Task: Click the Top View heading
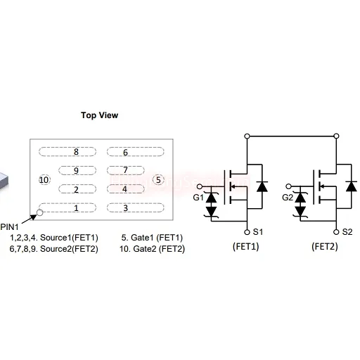[99, 115]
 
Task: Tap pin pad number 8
[67, 152]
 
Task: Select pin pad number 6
[135, 152]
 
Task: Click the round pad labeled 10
[44, 180]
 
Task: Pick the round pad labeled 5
[158, 180]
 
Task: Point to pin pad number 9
[77, 170]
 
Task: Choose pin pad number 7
[125, 170]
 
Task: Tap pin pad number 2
[77, 189]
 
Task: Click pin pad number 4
[125, 189]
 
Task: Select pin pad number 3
[135, 207]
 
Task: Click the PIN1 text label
[9, 227]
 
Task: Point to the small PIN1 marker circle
[40, 213]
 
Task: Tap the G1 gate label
[198, 198]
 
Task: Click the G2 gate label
[288, 198]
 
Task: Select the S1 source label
[258, 232]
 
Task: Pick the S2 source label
[347, 232]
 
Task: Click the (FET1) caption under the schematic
[246, 247]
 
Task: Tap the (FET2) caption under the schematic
[325, 247]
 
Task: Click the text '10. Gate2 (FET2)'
[152, 249]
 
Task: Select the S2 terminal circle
[336, 232]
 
